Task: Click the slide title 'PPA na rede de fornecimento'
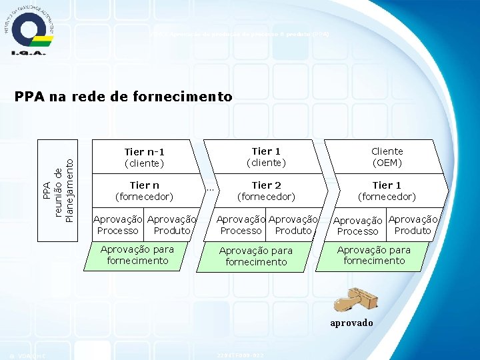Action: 123,97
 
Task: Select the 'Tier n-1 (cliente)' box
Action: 145,157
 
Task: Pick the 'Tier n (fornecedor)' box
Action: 145,191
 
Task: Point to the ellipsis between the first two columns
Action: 209,189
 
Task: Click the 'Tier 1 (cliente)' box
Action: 266,157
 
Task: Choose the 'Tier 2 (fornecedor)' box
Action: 266,191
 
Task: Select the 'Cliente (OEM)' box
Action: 387,157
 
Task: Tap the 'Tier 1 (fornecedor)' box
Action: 387,191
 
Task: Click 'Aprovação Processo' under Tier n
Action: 118,225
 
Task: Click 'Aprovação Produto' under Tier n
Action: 172,225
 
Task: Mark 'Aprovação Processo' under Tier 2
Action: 241,225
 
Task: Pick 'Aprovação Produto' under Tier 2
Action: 293,225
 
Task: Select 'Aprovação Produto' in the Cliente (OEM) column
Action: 413,225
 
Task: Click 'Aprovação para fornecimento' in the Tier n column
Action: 137,255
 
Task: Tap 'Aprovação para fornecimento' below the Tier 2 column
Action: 256,256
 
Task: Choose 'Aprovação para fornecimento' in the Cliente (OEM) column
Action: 374,255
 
